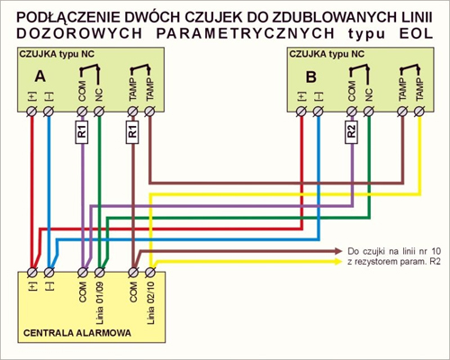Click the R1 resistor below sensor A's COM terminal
82,131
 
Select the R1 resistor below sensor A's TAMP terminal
132,131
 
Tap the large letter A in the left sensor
40,76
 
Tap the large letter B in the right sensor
310,76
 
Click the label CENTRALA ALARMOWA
77,333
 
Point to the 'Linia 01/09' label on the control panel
100,303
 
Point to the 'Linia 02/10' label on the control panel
150,303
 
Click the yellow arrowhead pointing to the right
338,262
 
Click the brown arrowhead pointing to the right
338,250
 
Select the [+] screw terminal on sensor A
31,112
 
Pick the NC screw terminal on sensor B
369,112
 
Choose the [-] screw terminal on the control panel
49,273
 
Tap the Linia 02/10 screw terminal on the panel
150,273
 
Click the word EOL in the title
416,33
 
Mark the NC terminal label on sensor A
99,94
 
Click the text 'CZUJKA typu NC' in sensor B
327,54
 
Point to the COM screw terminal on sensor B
352,112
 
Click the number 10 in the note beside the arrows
436,251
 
